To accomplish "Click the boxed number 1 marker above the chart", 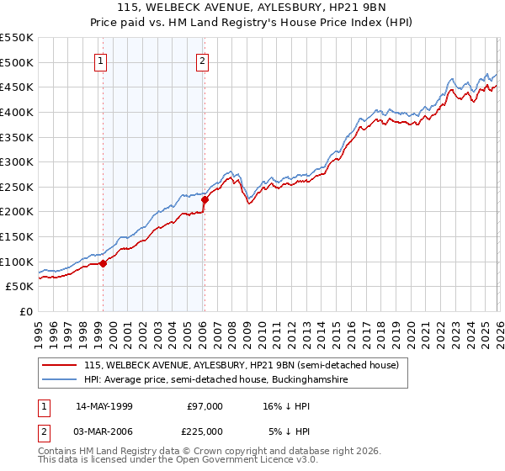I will [x=100, y=60].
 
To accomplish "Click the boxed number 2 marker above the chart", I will [x=204, y=60].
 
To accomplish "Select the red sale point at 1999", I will [x=104, y=263].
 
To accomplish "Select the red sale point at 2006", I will [x=205, y=199].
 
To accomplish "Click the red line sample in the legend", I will [x=61, y=366].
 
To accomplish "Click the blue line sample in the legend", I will [x=61, y=380].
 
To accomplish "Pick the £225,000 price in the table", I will [x=205, y=431].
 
